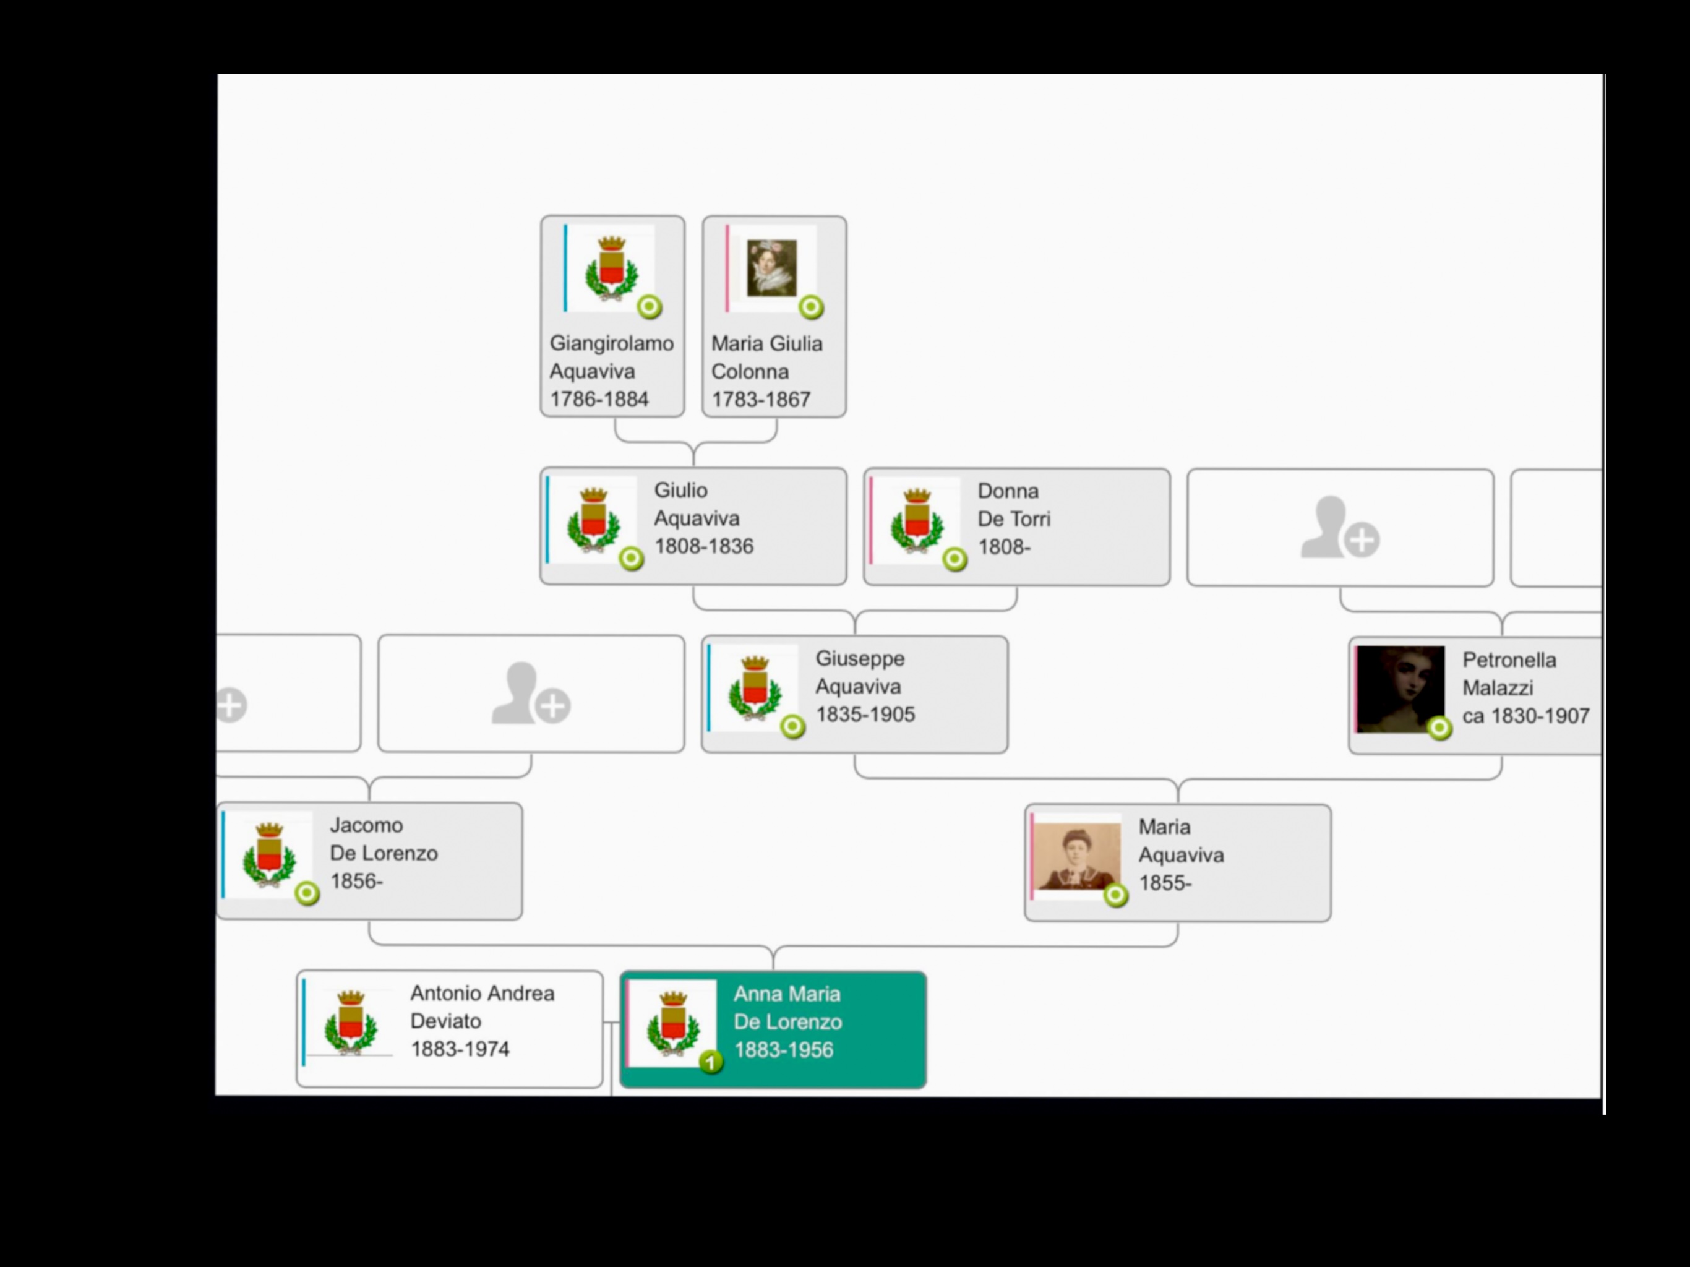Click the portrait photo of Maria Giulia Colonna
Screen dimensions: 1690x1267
click(x=771, y=267)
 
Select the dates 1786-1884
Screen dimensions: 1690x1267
click(x=599, y=399)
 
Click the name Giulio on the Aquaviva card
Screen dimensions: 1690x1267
click(x=680, y=490)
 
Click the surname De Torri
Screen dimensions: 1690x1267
click(x=1014, y=519)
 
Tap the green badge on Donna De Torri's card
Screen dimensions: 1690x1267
click(x=954, y=559)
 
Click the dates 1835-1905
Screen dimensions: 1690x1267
click(x=865, y=715)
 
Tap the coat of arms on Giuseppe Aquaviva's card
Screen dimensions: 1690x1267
click(x=754, y=688)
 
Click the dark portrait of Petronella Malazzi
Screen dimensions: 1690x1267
click(x=1400, y=688)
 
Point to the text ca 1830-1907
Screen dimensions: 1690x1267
click(x=1525, y=716)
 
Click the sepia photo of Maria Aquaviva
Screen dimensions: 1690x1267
click(x=1076, y=856)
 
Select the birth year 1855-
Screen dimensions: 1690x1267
click(x=1164, y=883)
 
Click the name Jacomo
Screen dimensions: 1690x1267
click(x=366, y=825)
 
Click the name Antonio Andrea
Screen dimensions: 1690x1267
click(x=482, y=994)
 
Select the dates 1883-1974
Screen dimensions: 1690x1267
click(x=460, y=1049)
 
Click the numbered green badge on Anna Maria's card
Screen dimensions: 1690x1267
click(x=711, y=1062)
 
